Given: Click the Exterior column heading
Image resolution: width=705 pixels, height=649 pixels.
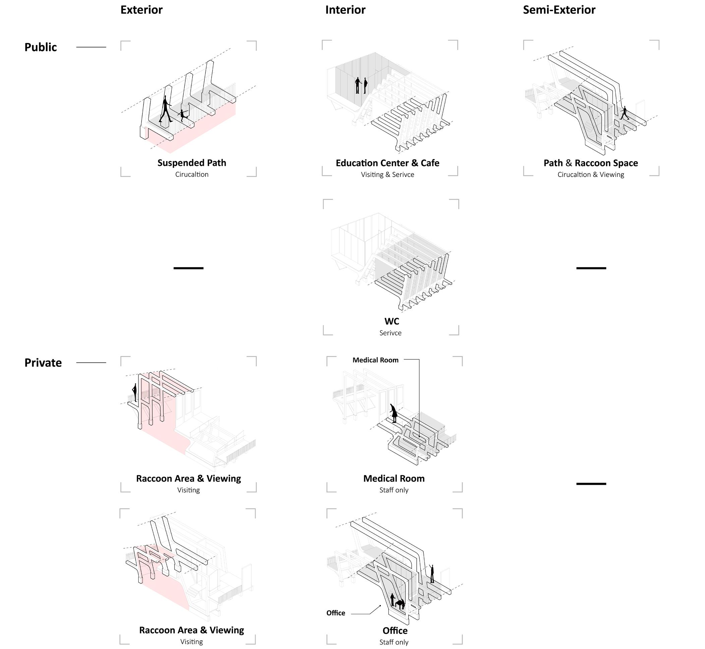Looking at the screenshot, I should [x=141, y=10].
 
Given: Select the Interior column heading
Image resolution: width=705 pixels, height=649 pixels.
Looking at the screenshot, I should [x=345, y=10].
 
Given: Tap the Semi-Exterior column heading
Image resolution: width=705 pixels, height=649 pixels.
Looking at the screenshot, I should [x=559, y=10].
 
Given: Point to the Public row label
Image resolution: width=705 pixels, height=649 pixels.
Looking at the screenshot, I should [x=41, y=47].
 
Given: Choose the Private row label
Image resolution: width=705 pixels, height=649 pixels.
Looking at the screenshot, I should [x=43, y=362].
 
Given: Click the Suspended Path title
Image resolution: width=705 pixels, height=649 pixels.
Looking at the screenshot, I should [x=191, y=163].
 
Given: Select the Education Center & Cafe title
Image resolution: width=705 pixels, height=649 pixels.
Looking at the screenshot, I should [x=388, y=163].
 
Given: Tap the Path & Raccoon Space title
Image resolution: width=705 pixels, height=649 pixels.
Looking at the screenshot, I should [x=590, y=163].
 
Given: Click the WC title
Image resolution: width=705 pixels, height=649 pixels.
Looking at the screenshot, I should [x=391, y=321].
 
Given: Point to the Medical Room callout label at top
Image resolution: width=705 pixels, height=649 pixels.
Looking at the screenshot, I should [x=375, y=360].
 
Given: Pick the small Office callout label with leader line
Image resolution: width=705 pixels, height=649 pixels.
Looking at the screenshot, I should [x=336, y=613].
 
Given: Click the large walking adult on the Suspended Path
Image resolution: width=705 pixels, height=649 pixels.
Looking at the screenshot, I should [x=166, y=109].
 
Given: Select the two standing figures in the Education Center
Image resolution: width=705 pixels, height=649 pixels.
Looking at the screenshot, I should [x=361, y=85].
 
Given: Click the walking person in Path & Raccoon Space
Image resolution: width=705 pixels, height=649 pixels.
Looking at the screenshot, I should [x=624, y=113].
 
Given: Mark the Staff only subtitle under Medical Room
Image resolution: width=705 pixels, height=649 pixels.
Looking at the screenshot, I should [x=394, y=490].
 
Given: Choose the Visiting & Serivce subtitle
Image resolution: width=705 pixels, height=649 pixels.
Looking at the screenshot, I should [x=388, y=175].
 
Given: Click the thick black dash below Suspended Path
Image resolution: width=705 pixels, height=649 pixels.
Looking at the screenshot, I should [x=188, y=268].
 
